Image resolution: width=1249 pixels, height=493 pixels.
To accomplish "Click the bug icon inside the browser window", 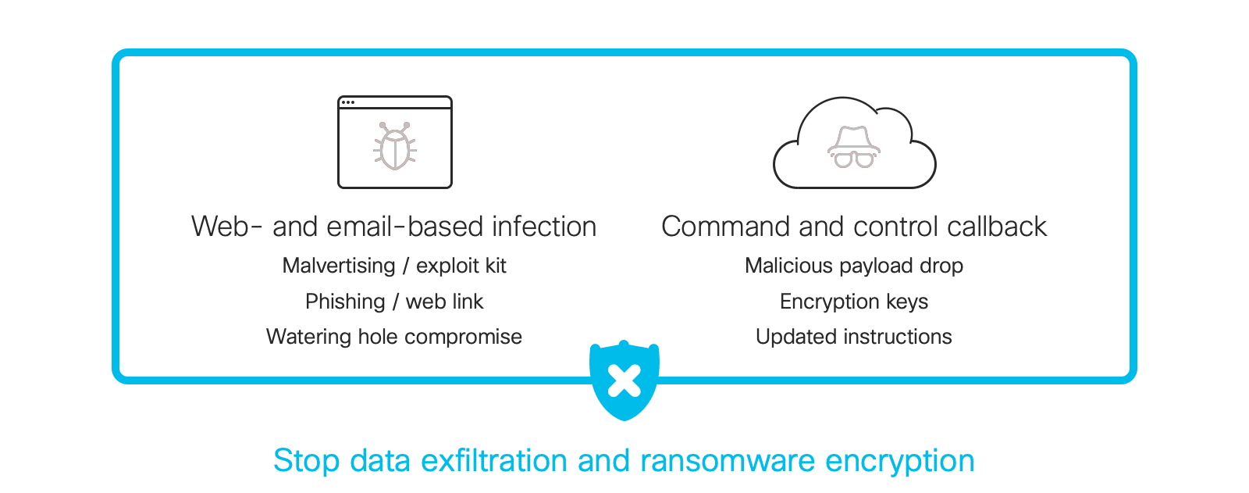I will [x=395, y=146].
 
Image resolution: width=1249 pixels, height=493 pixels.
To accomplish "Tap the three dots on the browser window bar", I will [x=348, y=102].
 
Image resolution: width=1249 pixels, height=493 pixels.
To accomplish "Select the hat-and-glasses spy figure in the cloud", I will [x=854, y=147].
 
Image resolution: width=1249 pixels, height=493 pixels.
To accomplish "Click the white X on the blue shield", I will [x=624, y=380].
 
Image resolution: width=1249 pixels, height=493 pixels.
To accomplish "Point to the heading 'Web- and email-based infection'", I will [x=393, y=227].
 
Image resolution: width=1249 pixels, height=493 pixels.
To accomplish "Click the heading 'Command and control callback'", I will [x=854, y=227].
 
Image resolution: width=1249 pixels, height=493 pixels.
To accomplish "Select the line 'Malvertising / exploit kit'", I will [x=394, y=266].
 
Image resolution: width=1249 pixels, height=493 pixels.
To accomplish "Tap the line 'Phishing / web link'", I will [x=394, y=302].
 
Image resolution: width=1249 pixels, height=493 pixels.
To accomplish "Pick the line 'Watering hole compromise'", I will [x=394, y=337].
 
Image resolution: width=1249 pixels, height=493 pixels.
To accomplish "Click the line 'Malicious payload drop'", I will [x=854, y=266].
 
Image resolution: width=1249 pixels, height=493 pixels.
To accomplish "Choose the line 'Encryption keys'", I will [x=854, y=302].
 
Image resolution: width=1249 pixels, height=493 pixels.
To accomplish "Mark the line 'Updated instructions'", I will [x=854, y=337].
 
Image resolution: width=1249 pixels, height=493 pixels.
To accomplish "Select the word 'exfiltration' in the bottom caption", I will [x=494, y=461].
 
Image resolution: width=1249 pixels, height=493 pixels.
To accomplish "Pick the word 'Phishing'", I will [x=345, y=302].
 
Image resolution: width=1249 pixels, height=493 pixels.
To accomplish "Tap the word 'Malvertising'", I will [x=339, y=266].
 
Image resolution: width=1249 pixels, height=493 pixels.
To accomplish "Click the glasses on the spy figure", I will [x=854, y=159].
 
